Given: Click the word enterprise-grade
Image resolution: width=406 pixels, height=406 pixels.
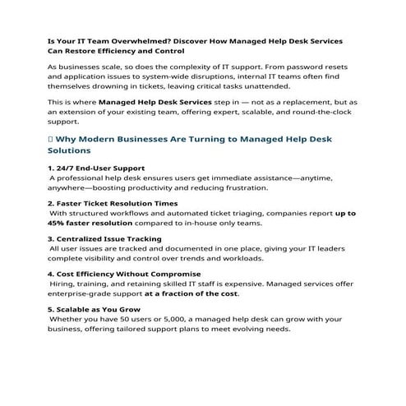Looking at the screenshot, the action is click(x=83, y=293).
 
